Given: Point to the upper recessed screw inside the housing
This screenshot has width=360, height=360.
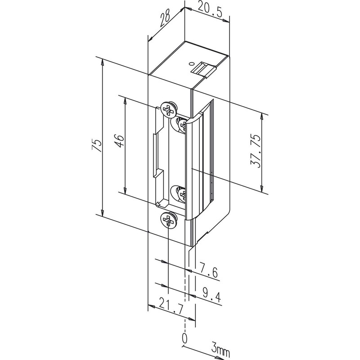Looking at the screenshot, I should (x=182, y=124).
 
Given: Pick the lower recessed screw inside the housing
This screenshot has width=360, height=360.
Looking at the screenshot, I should (x=182, y=194).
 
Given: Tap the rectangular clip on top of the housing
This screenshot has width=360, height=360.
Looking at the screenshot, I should (x=204, y=68).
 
